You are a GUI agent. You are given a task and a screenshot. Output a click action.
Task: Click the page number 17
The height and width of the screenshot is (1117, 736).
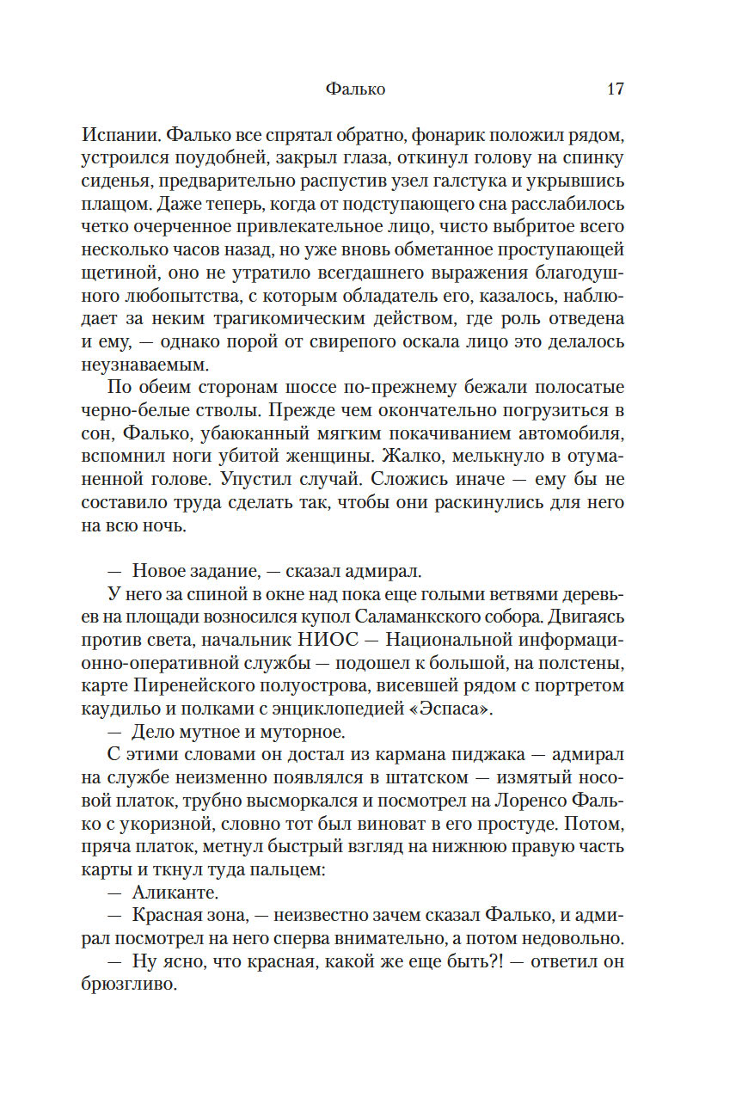pyautogui.click(x=615, y=89)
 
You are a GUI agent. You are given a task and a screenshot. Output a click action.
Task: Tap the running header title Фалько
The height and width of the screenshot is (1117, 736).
pyautogui.click(x=356, y=89)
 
